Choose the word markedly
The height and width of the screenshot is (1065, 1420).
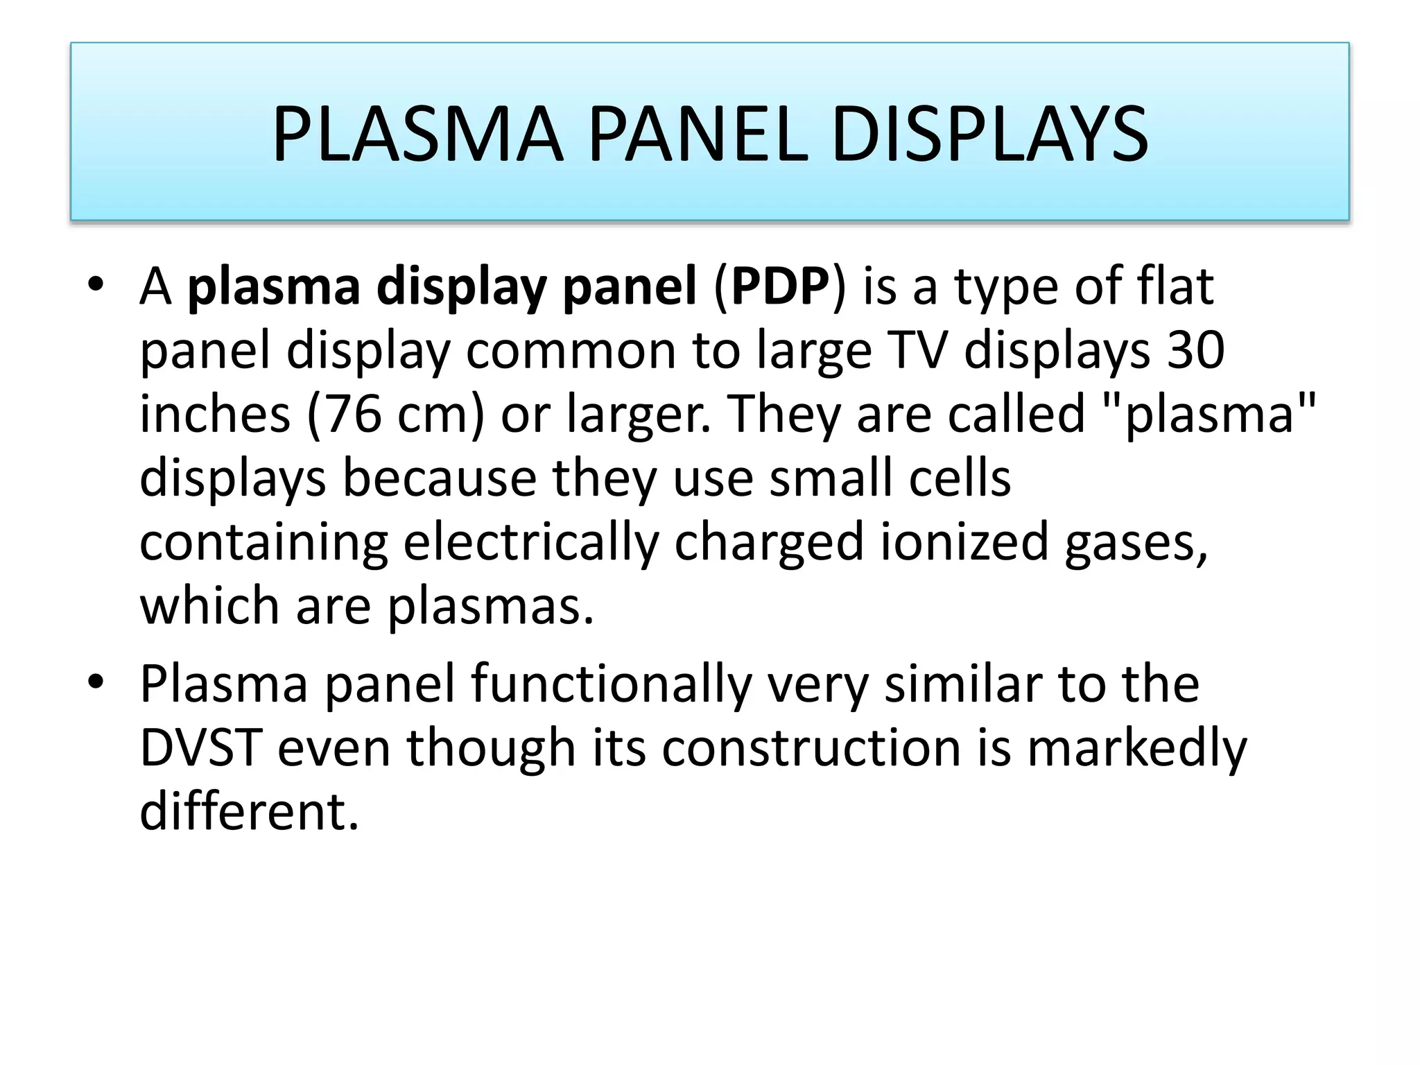pos(1137,748)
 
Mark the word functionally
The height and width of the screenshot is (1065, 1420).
pos(611,684)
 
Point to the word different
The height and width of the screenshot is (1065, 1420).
pos(249,812)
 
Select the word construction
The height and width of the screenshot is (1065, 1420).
pos(811,748)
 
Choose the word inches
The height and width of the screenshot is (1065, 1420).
pos(215,414)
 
